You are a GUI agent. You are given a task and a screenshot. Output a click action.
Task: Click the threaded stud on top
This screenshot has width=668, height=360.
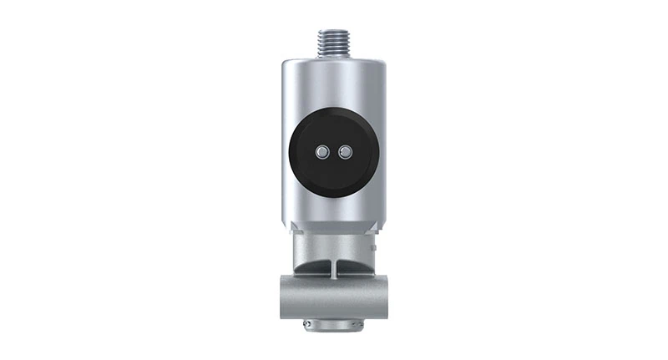[334, 41]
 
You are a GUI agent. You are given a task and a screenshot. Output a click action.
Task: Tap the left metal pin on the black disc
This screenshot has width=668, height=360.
[322, 151]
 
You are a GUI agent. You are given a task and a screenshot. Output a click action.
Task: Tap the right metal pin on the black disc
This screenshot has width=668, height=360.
[345, 151]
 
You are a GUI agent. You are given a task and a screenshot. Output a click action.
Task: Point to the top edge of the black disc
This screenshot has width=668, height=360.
[334, 109]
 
